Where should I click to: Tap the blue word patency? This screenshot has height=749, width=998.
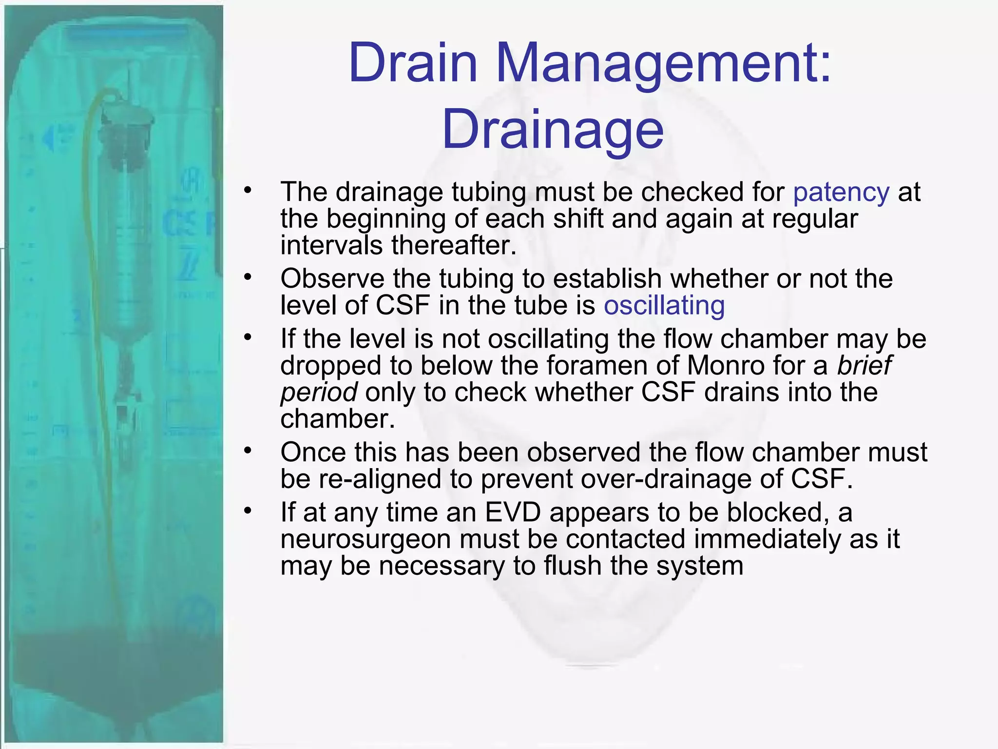pyautogui.click(x=841, y=192)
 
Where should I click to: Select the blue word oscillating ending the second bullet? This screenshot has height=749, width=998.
pyautogui.click(x=664, y=306)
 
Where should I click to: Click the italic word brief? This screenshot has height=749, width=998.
pyautogui.click(x=864, y=365)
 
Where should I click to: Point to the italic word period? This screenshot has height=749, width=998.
pyautogui.click(x=319, y=393)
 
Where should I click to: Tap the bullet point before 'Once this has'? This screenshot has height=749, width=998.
pyautogui.click(x=248, y=451)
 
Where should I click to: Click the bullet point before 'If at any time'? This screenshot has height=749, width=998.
pyautogui.click(x=248, y=511)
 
